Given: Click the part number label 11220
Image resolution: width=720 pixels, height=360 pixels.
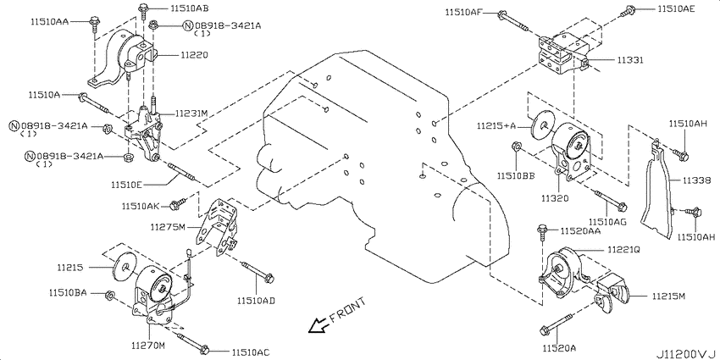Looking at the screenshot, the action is click(x=194, y=55).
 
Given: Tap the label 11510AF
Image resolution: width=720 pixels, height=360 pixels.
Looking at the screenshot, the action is click(x=462, y=13).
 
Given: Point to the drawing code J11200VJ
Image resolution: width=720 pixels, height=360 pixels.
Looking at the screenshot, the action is click(x=686, y=354).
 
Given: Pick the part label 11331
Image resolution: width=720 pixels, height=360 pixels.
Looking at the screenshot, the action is click(x=630, y=60).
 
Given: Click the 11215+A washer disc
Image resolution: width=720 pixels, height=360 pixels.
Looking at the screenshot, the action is click(x=543, y=125).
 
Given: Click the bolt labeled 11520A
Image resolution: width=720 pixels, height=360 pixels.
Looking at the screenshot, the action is click(x=557, y=324).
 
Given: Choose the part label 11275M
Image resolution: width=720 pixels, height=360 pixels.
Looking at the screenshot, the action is click(x=168, y=227).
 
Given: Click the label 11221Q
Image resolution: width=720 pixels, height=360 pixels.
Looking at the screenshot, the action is click(x=623, y=250).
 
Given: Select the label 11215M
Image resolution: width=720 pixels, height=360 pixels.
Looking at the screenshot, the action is click(x=667, y=296).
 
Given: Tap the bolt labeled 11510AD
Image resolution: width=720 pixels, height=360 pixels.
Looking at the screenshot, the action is click(x=258, y=271).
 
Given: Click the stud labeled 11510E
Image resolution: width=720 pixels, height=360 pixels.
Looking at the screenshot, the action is click(x=183, y=172).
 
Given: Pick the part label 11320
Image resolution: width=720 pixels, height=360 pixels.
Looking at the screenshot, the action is click(x=555, y=198).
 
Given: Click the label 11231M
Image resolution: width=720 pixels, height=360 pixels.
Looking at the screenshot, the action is click(x=191, y=113).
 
